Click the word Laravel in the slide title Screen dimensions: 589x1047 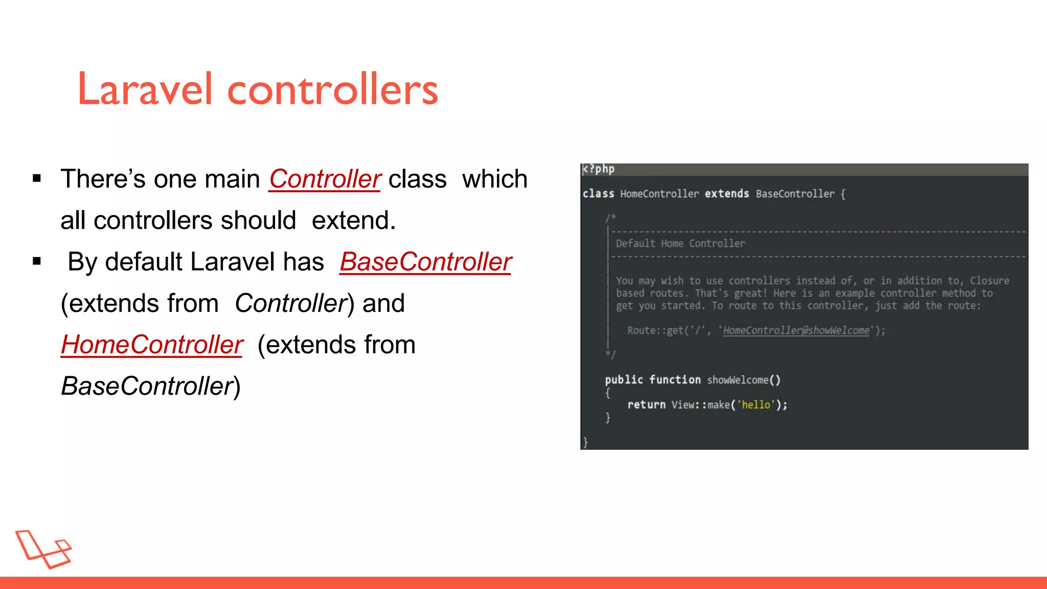click(145, 89)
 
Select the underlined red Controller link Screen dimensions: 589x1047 click(325, 179)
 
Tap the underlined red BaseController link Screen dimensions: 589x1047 click(425, 262)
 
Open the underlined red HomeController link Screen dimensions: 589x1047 click(152, 345)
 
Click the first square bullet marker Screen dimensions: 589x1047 click(37, 179)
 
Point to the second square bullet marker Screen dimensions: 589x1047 click(37, 262)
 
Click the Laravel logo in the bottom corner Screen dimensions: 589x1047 click(43, 549)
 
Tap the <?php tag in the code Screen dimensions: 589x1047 click(599, 169)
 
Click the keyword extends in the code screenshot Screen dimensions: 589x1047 click(726, 194)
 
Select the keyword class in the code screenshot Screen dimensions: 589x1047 click(598, 194)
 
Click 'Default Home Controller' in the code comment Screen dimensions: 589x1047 click(680, 244)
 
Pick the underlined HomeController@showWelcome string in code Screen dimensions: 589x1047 click(796, 331)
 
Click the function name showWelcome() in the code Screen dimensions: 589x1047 click(743, 380)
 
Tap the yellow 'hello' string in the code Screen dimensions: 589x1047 click(756, 405)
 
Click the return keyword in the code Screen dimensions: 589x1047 click(646, 405)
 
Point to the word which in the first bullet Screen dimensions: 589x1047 click(494, 179)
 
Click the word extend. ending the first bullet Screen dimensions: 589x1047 click(354, 221)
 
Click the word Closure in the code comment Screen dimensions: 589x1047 click(989, 281)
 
